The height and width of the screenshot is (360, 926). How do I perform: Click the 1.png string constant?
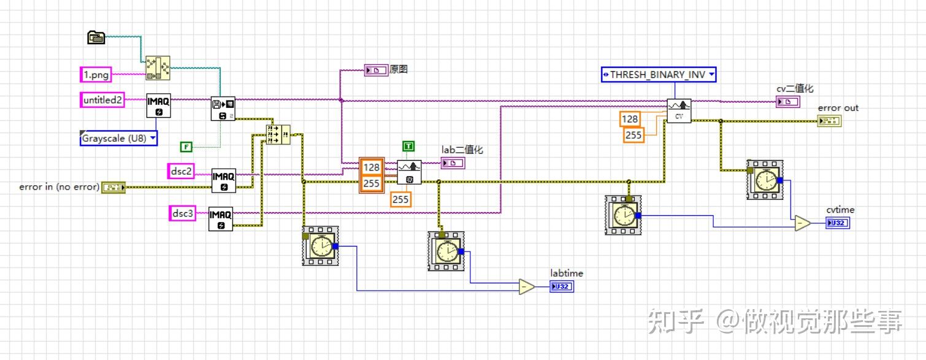(x=96, y=75)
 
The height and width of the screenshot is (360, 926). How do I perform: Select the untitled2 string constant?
(x=102, y=99)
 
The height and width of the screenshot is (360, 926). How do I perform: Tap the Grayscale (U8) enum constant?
(x=118, y=138)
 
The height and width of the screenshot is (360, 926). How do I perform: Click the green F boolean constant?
(x=186, y=147)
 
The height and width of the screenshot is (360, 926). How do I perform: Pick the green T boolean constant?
(x=408, y=146)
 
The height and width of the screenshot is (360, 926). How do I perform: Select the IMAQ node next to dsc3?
(x=221, y=218)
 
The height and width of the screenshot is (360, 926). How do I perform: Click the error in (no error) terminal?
(x=113, y=186)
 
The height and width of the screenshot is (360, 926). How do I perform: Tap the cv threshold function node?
(x=679, y=111)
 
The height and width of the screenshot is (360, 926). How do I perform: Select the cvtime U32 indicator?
(x=838, y=223)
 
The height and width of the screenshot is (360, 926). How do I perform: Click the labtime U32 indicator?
(x=562, y=286)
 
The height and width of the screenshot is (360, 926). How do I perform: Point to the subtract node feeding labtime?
(x=526, y=286)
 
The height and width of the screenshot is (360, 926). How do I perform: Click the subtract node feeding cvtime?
(x=802, y=223)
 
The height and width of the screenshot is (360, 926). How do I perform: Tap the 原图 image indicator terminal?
(x=376, y=71)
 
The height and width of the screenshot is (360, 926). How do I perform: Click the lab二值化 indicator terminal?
(x=453, y=163)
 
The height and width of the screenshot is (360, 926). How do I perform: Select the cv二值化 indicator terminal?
(x=787, y=102)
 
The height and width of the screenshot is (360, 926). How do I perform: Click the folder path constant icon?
(x=96, y=37)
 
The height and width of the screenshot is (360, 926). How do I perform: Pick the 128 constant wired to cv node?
(x=630, y=119)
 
